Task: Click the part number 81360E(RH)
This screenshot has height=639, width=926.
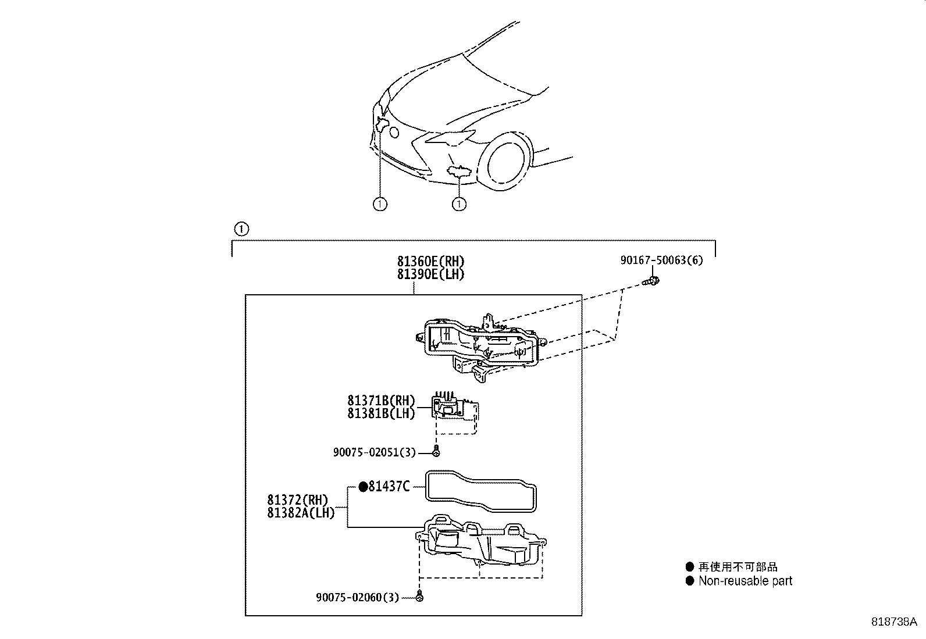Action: click(430, 261)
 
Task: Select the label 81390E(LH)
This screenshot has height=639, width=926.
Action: click(430, 274)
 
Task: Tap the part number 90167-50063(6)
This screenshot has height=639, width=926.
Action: click(661, 260)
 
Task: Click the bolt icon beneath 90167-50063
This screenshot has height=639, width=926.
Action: click(651, 281)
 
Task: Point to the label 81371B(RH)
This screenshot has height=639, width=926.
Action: click(381, 400)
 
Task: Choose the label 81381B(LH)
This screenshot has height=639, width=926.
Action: click(381, 413)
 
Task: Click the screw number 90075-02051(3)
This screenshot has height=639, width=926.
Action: click(374, 452)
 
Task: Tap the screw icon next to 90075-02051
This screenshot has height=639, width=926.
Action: click(436, 452)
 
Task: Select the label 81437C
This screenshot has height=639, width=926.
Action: click(389, 487)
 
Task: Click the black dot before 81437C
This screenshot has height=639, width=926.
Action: click(363, 487)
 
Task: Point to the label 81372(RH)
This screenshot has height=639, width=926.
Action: click(297, 499)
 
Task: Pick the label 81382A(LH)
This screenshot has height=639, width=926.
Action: click(301, 512)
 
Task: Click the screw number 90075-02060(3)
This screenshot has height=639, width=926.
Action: click(358, 597)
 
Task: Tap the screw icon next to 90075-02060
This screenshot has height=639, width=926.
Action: click(419, 597)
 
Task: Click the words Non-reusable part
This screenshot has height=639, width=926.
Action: click(745, 581)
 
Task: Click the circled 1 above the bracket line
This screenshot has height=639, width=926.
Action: click(241, 229)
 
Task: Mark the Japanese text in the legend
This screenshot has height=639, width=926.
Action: click(738, 567)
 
